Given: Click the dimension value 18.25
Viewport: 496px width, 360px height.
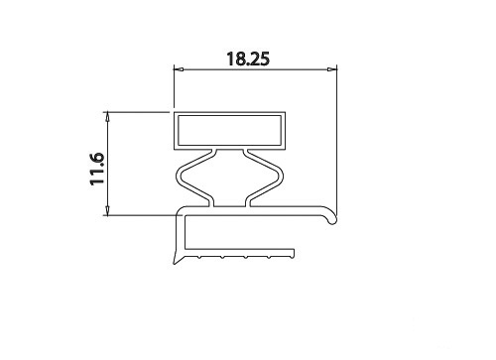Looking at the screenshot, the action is point(248,59).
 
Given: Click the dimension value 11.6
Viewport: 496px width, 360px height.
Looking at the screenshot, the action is point(97,169).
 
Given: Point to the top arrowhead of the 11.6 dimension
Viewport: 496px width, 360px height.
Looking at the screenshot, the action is point(107,117).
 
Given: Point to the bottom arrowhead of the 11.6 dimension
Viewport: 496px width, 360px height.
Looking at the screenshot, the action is point(107,210).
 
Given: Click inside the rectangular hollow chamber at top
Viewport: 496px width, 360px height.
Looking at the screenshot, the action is point(230,130).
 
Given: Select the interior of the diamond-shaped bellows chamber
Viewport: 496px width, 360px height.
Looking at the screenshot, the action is point(230,178).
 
